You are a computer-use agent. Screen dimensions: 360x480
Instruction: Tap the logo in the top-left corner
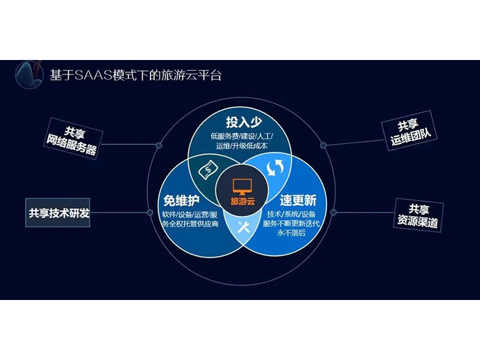pos(30,74)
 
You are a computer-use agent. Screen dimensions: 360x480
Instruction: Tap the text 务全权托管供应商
pos(190,224)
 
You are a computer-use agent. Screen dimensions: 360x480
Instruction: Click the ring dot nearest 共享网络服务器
pos(158,145)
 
